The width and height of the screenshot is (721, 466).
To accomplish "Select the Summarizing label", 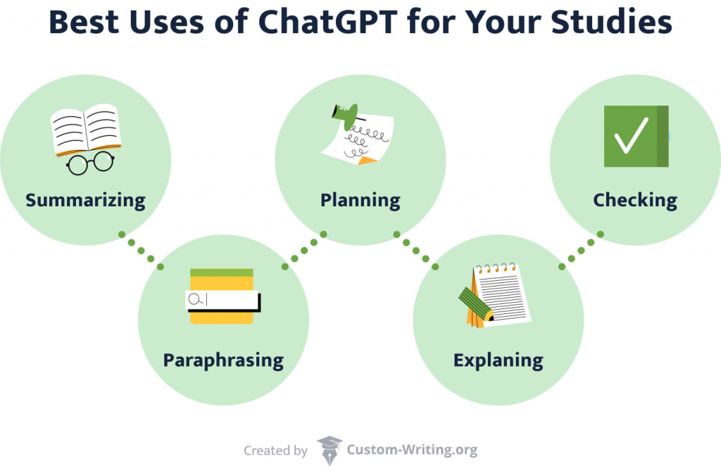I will pos(85,200).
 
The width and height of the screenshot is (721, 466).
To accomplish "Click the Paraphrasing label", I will pos(223,360).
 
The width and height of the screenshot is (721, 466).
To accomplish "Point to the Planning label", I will pos(360,200).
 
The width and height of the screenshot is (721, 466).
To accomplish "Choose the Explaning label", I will pos(498,360).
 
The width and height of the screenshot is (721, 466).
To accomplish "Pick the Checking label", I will pos(634,200).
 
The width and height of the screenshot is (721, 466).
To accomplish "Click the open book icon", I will pos(85,130).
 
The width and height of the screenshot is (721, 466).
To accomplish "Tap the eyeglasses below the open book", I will pos(90,163).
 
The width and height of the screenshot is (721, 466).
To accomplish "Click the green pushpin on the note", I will pos(346,115).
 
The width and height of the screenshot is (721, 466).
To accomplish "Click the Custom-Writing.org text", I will pos(412,449).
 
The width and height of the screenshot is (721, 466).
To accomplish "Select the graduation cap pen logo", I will pos(329,449).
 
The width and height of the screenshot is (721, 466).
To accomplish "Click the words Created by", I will pos(275,450).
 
